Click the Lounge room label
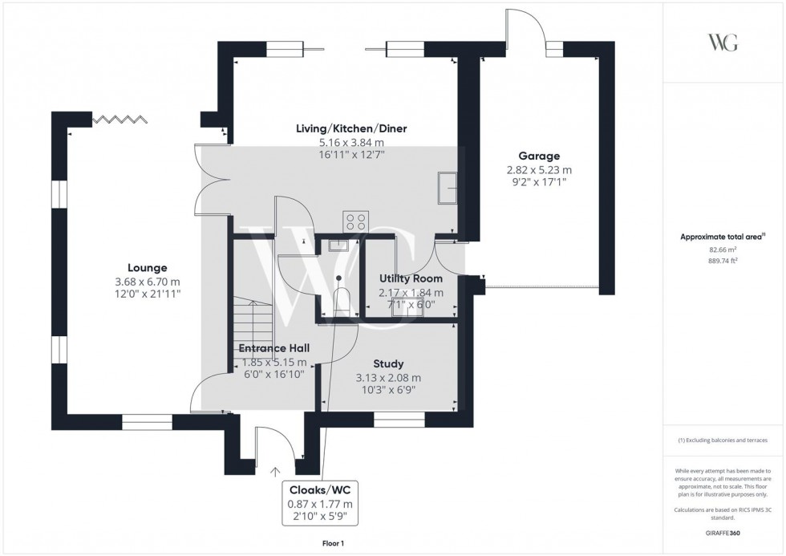pyautogui.click(x=147, y=268)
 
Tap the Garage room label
pyautogui.click(x=539, y=156)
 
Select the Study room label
pyautogui.click(x=388, y=364)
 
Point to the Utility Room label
pyautogui.click(x=411, y=278)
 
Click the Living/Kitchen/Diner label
pyautogui.click(x=351, y=129)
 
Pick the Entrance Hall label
pyautogui.click(x=274, y=348)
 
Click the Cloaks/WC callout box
pyautogui.click(x=320, y=503)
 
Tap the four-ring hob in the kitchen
pyautogui.click(x=356, y=222)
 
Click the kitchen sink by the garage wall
pyautogui.click(x=448, y=188)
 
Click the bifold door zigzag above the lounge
pyautogui.click(x=119, y=119)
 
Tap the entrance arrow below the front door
pyautogui.click(x=274, y=471)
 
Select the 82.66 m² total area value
pyautogui.click(x=723, y=250)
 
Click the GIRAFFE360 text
pyautogui.click(x=723, y=533)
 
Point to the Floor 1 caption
pyautogui.click(x=333, y=543)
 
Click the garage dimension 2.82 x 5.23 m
pyautogui.click(x=539, y=170)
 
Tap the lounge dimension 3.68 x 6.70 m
pyautogui.click(x=148, y=282)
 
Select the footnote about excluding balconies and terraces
pyautogui.click(x=723, y=440)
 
